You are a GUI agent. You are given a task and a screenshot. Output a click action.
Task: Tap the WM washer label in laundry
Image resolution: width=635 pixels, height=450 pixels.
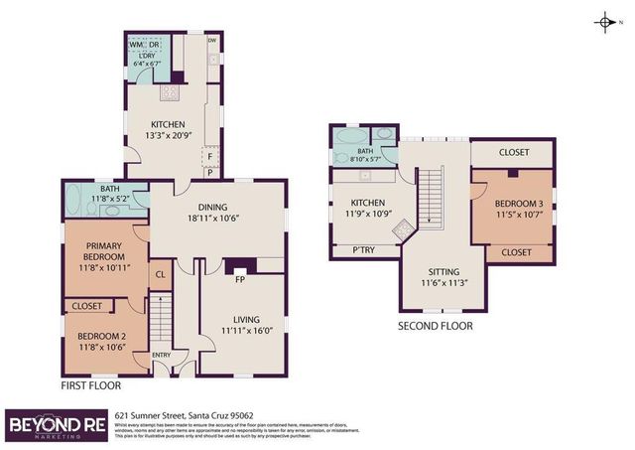click(135, 46)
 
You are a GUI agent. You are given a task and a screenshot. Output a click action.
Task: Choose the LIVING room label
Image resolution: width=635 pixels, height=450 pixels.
click(244, 324)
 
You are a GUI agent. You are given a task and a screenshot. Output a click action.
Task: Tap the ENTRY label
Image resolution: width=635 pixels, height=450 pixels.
click(161, 356)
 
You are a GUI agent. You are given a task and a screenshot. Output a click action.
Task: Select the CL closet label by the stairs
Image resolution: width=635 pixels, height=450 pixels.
click(159, 275)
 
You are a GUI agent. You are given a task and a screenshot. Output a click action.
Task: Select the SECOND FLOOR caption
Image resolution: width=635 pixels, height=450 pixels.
click(435, 326)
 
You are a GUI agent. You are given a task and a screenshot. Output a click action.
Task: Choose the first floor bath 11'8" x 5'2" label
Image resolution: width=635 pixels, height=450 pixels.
click(111, 194)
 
